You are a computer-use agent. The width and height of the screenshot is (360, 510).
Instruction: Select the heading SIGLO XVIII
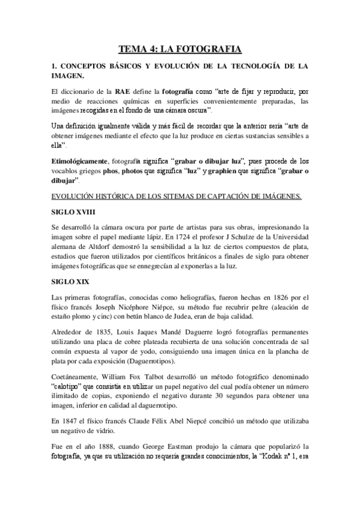(x=72, y=212)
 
